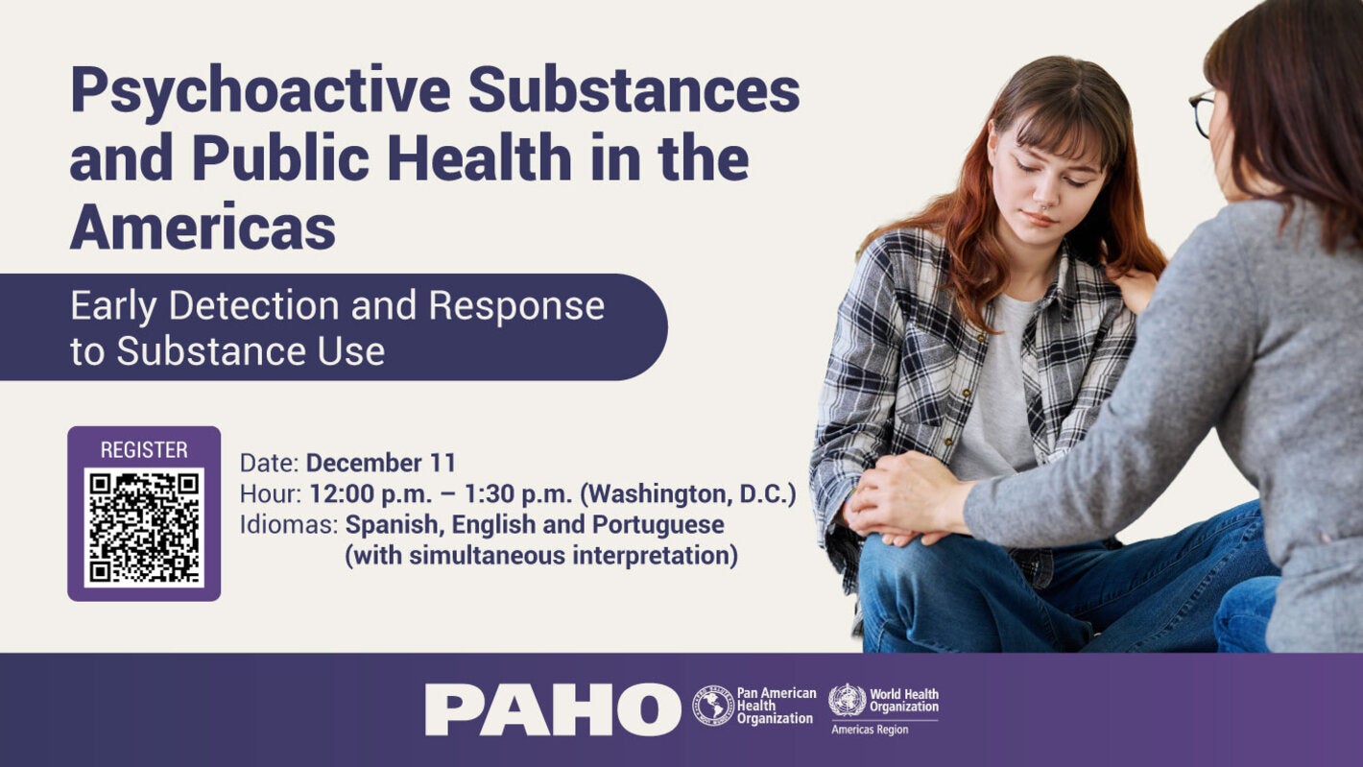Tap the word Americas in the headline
click(x=203, y=228)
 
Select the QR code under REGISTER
click(x=144, y=526)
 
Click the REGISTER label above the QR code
click(x=144, y=449)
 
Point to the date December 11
click(x=381, y=463)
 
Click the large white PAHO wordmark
click(x=552, y=709)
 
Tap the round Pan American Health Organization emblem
click(x=713, y=706)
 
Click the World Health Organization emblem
click(x=847, y=700)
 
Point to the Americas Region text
click(x=869, y=730)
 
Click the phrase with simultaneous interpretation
click(x=541, y=556)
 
